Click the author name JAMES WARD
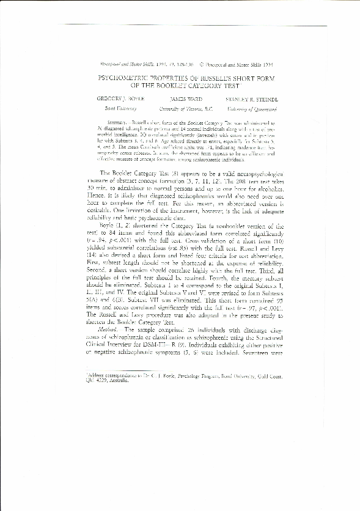[x=185, y=98]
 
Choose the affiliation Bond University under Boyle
[x=113, y=108]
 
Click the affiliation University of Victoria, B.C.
[x=185, y=108]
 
